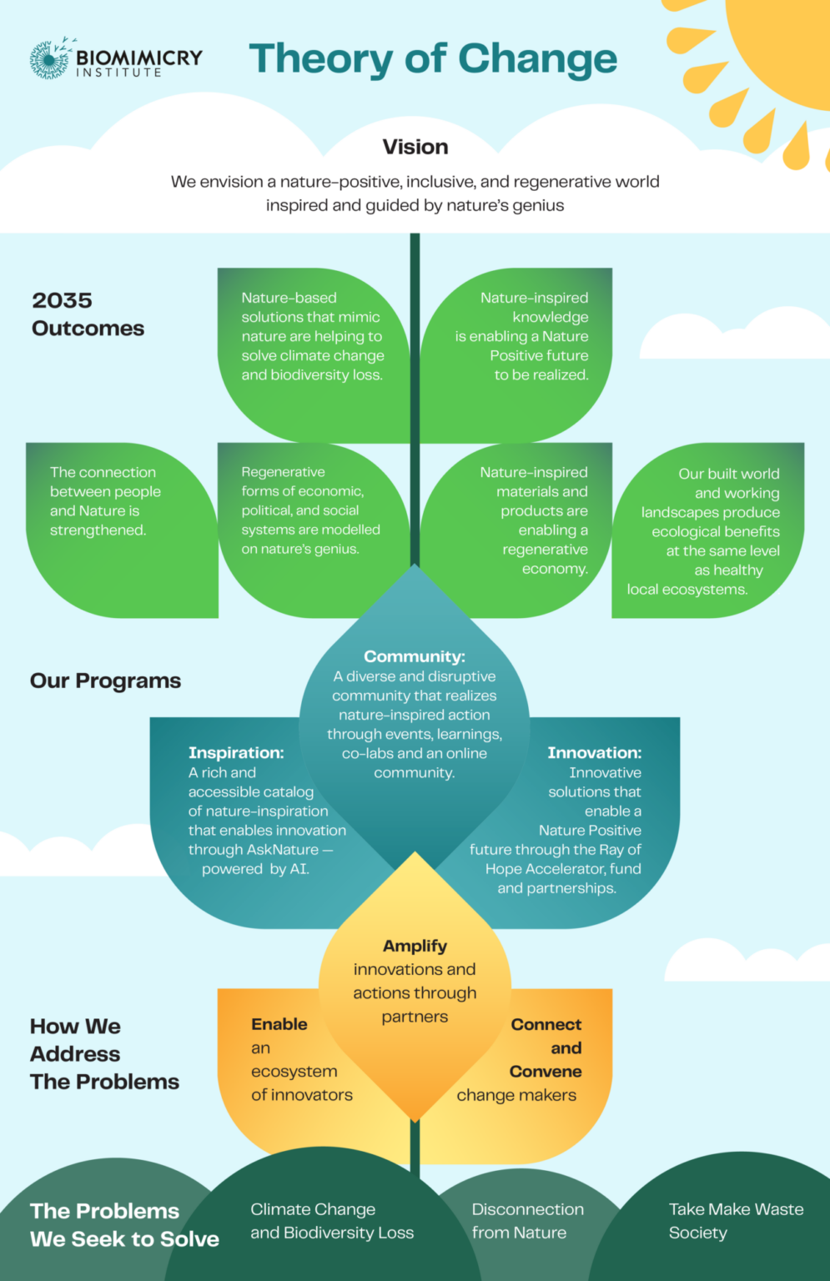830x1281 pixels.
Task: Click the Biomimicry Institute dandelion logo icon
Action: coord(50,59)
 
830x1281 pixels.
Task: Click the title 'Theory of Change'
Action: coord(432,59)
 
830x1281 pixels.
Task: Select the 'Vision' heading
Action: coord(415,147)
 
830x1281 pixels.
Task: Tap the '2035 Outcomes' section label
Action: coord(88,314)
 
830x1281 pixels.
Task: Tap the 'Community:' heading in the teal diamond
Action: coord(415,656)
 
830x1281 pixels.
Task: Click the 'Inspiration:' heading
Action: coord(236,752)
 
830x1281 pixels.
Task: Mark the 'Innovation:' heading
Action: coord(594,752)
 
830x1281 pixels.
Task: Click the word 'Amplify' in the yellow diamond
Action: coord(415,946)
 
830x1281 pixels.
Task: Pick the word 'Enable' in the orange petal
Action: coord(279,1024)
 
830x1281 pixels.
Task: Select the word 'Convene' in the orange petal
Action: coord(546,1071)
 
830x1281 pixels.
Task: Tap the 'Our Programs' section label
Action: coord(105,681)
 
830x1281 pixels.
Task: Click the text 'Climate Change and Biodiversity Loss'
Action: coord(332,1221)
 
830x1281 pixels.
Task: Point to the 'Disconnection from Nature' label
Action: coord(527,1221)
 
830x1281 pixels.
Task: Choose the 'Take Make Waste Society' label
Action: coord(736,1221)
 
